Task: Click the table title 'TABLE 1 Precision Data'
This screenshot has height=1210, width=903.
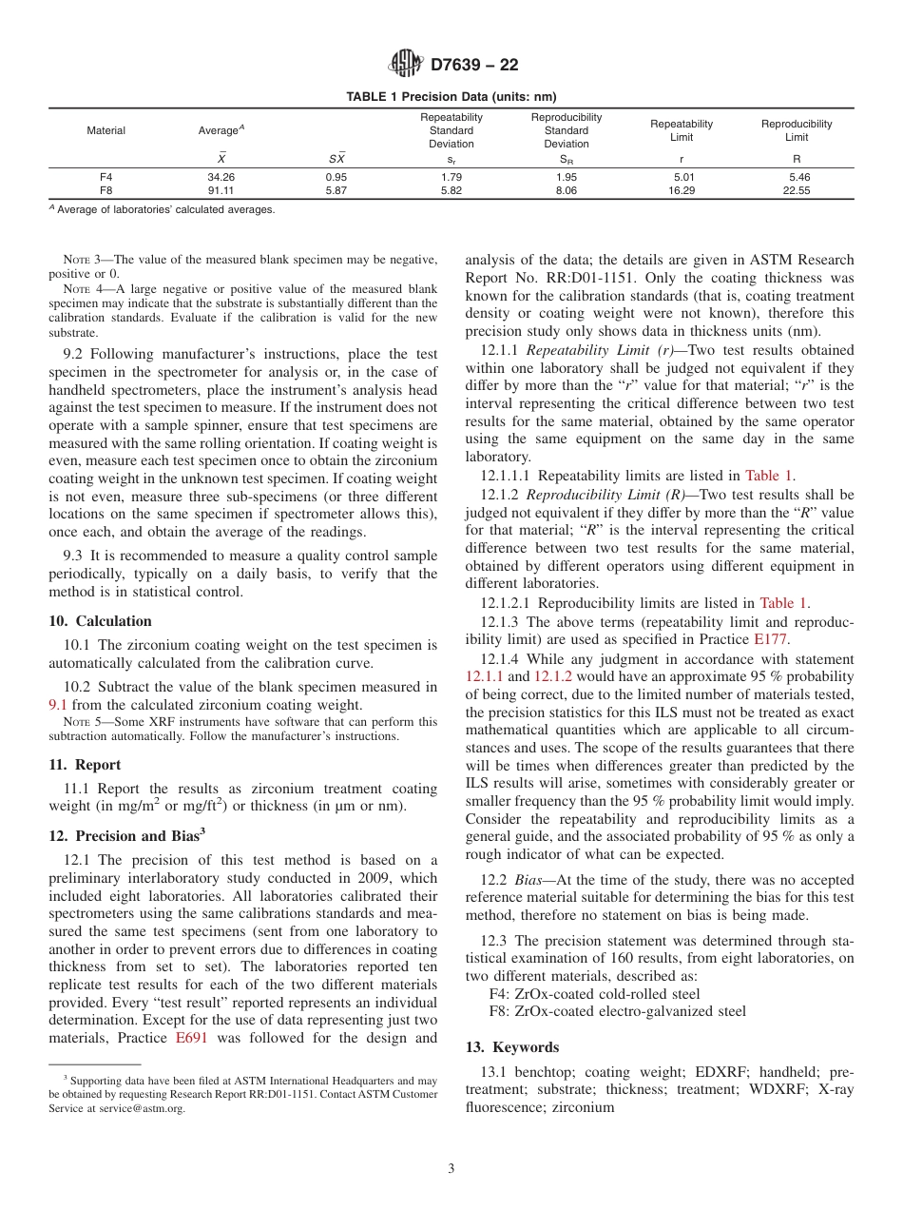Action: coord(451,96)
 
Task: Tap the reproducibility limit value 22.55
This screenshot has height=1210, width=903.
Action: coord(796,190)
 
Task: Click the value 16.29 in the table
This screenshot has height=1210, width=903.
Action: coord(682,190)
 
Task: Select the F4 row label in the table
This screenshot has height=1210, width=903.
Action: coord(106,177)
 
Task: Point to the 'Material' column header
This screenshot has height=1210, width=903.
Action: coord(106,130)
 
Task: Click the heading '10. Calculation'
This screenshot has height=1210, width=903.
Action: coord(100,621)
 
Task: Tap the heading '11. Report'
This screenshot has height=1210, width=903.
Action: coord(85,765)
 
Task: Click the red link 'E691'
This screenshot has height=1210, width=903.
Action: coord(193,1039)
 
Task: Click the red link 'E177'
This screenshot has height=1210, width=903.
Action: coord(770,639)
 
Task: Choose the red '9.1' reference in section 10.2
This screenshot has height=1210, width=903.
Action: coord(58,705)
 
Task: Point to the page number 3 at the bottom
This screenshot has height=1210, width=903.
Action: coord(451,1169)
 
